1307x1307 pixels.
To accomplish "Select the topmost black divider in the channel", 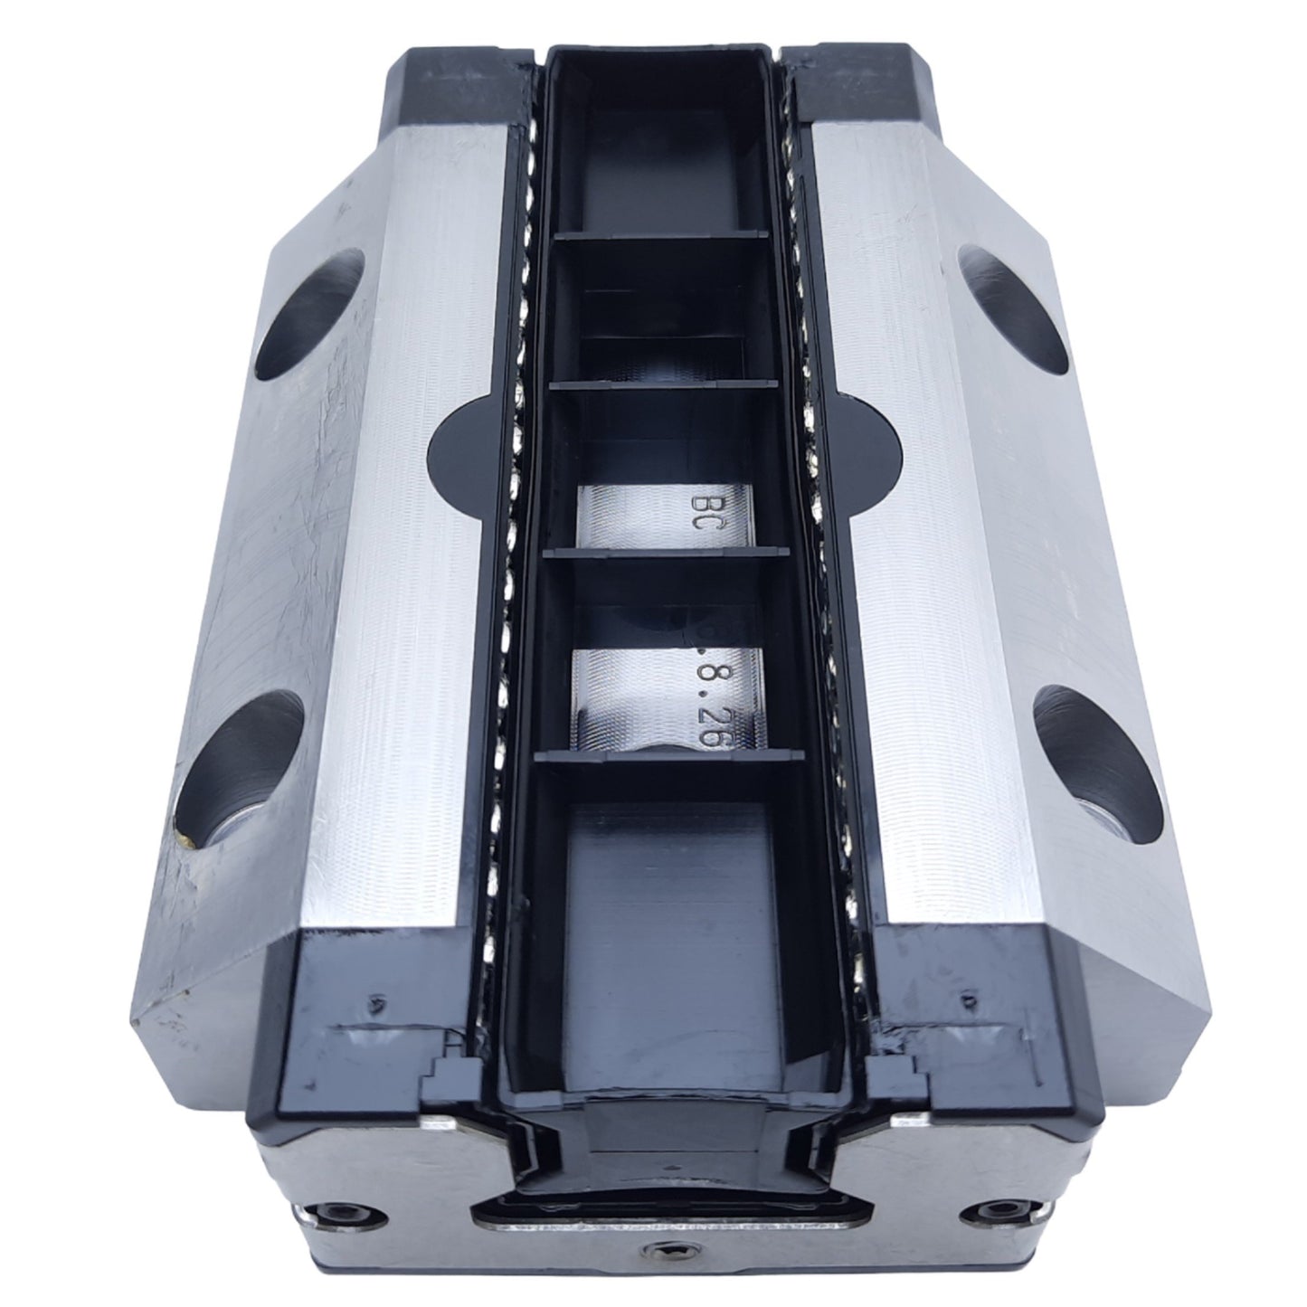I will (661, 236).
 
